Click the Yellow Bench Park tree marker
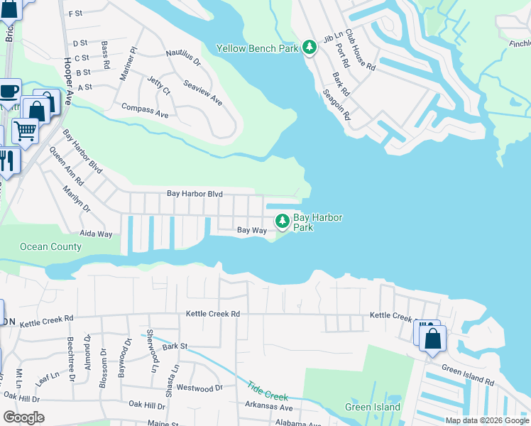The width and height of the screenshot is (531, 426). click(309, 47)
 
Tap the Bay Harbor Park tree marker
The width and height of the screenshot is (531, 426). click(283, 221)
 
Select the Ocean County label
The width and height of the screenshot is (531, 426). click(50, 247)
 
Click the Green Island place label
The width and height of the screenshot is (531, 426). click(372, 408)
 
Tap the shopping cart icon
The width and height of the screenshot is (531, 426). click(25, 131)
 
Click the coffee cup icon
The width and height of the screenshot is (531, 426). click(9, 92)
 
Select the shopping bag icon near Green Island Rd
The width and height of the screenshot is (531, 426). click(432, 339)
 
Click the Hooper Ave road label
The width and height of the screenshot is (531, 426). click(68, 82)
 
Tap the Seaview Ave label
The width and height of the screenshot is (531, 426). click(203, 92)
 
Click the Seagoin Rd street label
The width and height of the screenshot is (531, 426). click(336, 104)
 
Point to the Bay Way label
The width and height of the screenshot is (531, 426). click(251, 230)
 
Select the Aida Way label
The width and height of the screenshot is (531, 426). click(96, 234)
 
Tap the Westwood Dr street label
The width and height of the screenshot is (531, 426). click(199, 388)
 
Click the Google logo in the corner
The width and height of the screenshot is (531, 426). click(23, 417)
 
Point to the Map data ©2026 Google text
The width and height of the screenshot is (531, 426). click(486, 420)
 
